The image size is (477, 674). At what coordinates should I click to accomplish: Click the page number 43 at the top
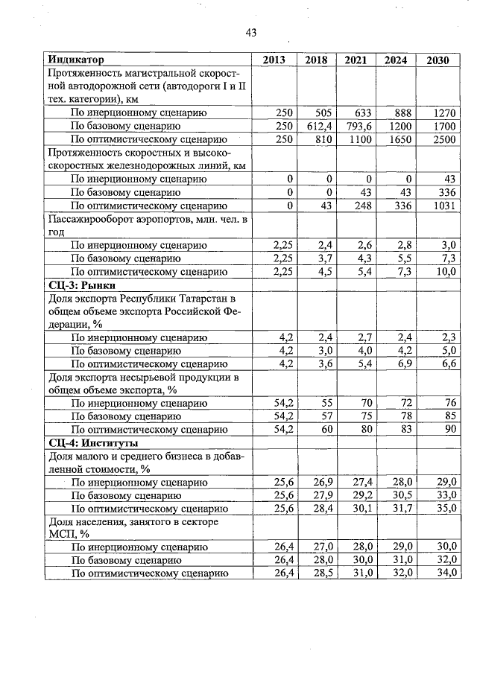tap(250, 32)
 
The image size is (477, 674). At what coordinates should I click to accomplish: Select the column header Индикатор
tap(75, 60)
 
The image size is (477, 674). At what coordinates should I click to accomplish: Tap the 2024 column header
tap(395, 60)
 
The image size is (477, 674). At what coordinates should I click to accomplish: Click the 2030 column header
tap(437, 60)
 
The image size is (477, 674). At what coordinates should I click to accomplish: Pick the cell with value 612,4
tap(317, 126)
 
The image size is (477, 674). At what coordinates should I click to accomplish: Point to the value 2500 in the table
tap(443, 139)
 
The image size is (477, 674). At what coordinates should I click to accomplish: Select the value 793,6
tap(357, 126)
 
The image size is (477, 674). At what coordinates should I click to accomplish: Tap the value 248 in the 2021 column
tap(362, 206)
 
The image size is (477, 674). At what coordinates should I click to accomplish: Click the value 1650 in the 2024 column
tap(398, 139)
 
